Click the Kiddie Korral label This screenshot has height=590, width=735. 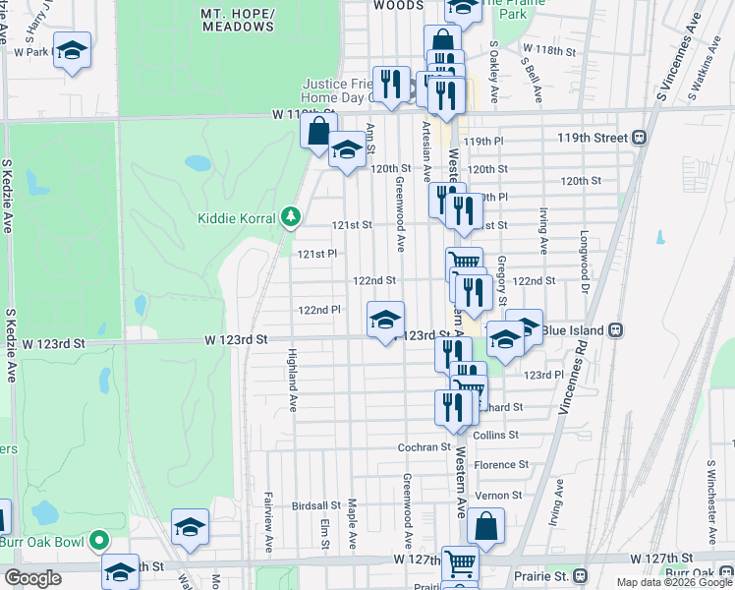click(236, 217)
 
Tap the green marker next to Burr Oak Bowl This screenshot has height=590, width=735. click(99, 540)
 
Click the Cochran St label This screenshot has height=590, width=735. click(424, 446)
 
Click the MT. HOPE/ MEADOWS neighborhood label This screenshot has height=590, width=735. click(237, 21)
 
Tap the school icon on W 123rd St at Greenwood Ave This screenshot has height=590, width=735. click(385, 320)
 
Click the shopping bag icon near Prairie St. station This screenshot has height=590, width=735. click(485, 526)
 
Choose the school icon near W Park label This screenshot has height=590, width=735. click(72, 50)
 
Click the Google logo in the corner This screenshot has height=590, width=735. click(32, 578)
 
